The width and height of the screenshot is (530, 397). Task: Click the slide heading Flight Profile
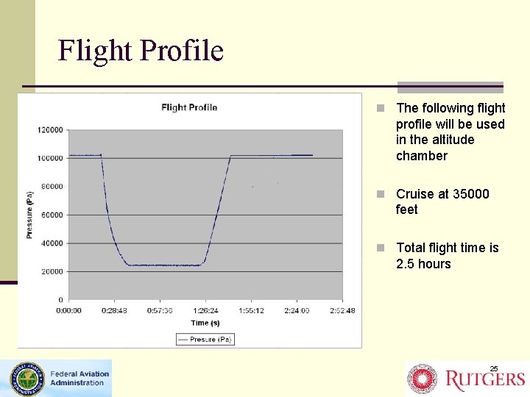pos(141,51)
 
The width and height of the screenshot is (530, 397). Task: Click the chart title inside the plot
pos(189,107)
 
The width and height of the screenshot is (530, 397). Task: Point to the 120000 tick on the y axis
pos(50,130)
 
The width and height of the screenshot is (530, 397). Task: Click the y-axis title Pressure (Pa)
pos(29,214)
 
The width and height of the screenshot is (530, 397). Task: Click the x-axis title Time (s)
pos(205,323)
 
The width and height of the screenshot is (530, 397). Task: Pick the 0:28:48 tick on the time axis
pos(115,310)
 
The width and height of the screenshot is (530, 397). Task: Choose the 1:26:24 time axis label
pos(205,310)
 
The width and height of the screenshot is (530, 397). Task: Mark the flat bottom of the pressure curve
pos(165,265)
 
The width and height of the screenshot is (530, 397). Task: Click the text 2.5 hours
pos(423,264)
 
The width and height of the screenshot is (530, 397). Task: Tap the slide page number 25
pos(494,368)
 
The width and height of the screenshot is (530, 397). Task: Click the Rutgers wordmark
pos(486,379)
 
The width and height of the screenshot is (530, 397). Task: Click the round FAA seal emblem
pos(26,379)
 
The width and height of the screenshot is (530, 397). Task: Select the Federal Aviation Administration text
pos(79,378)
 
